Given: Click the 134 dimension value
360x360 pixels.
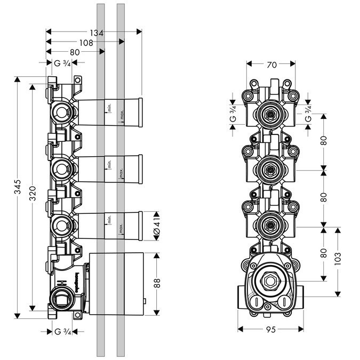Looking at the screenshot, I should [x=96, y=33].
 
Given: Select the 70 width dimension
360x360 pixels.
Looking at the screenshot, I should [x=271, y=66].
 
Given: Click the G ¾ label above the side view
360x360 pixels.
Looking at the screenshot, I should [x=63, y=63].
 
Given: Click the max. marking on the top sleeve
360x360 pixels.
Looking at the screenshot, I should [x=122, y=114].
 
